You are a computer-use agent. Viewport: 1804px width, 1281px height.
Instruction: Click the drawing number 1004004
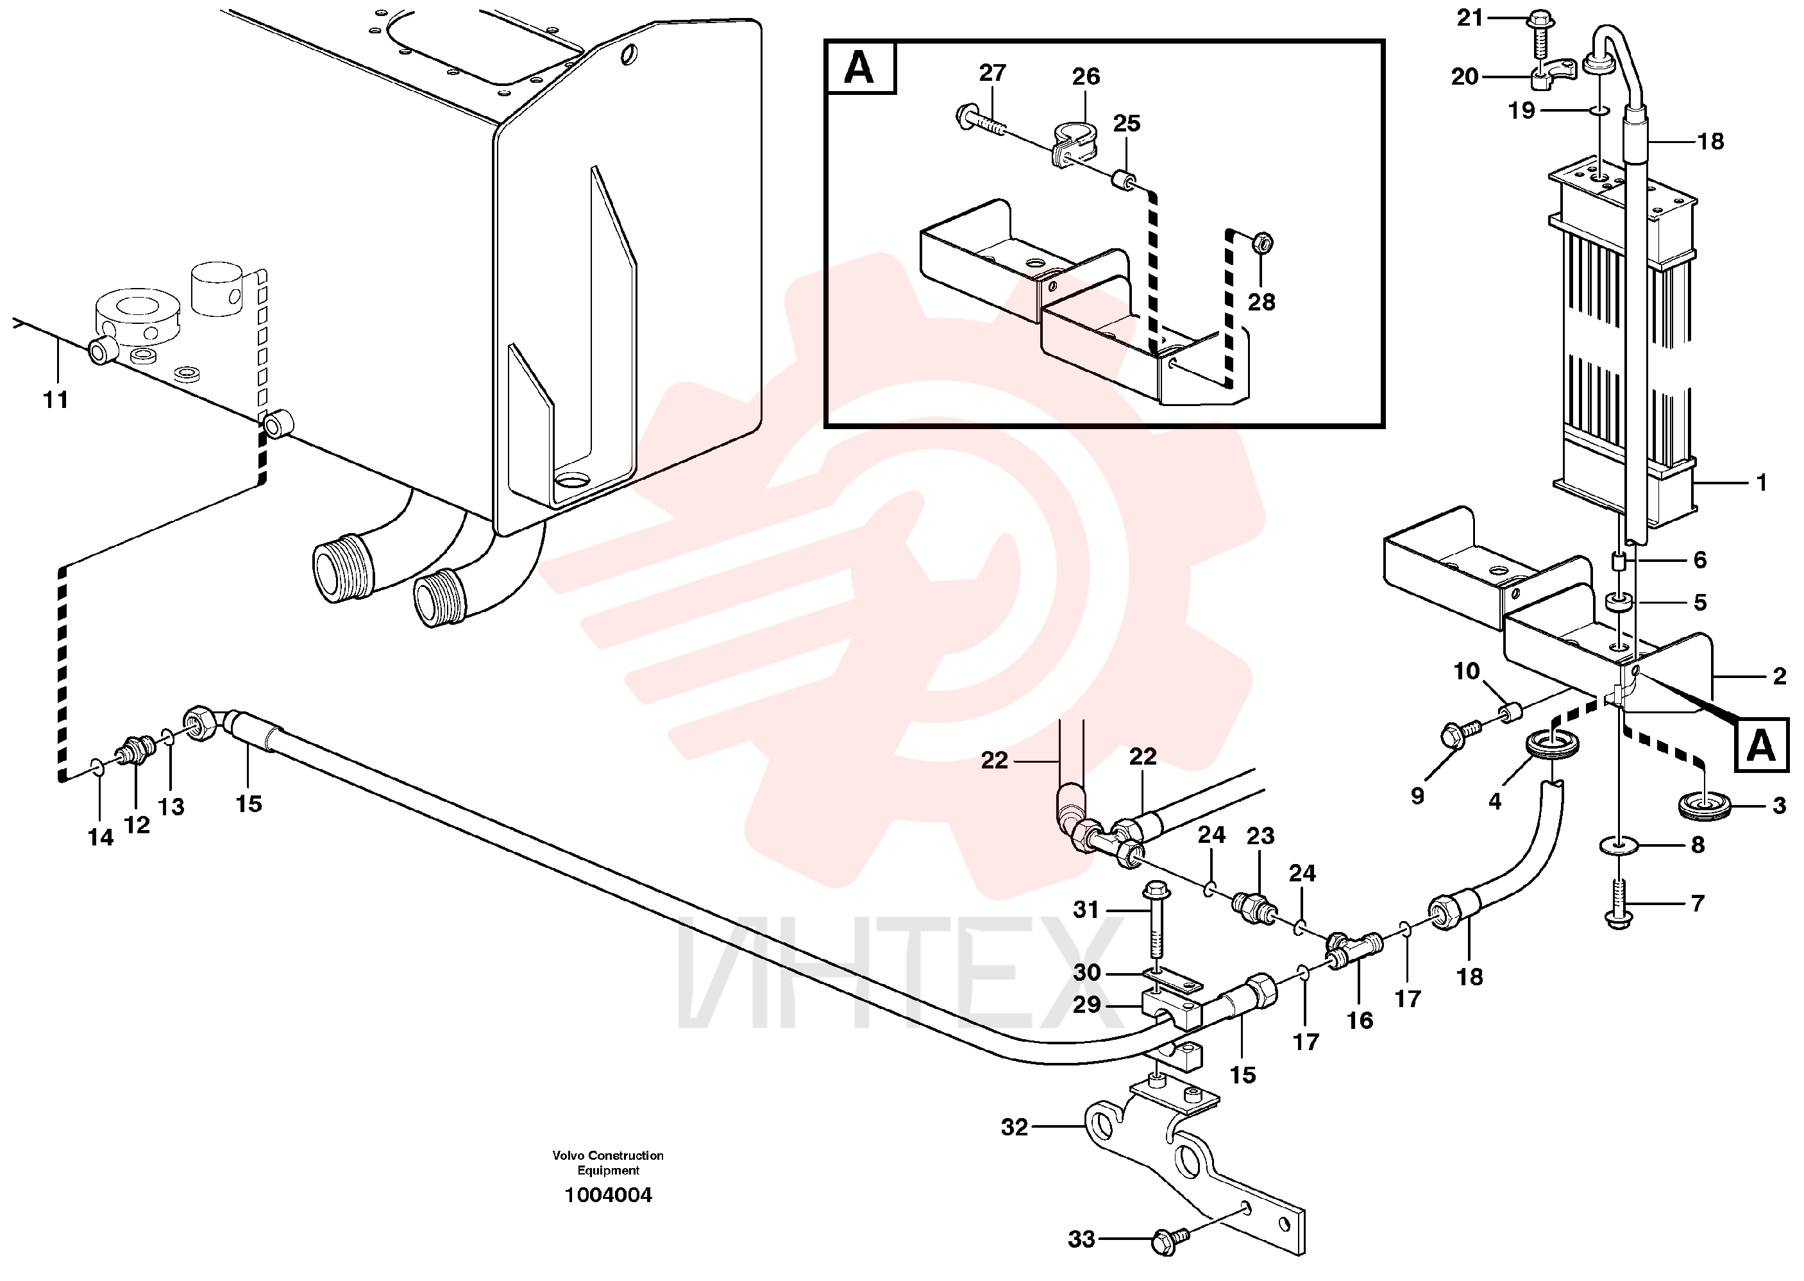point(608,1195)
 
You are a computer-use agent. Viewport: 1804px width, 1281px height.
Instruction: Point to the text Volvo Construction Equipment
point(608,1163)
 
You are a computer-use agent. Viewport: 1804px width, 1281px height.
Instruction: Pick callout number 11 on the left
point(55,400)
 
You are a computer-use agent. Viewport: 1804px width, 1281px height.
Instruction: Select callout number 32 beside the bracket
point(1015,1127)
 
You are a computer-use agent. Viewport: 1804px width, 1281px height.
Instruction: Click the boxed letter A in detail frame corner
point(859,67)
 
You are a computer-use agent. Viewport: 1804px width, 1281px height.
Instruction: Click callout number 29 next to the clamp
point(1086,1005)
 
